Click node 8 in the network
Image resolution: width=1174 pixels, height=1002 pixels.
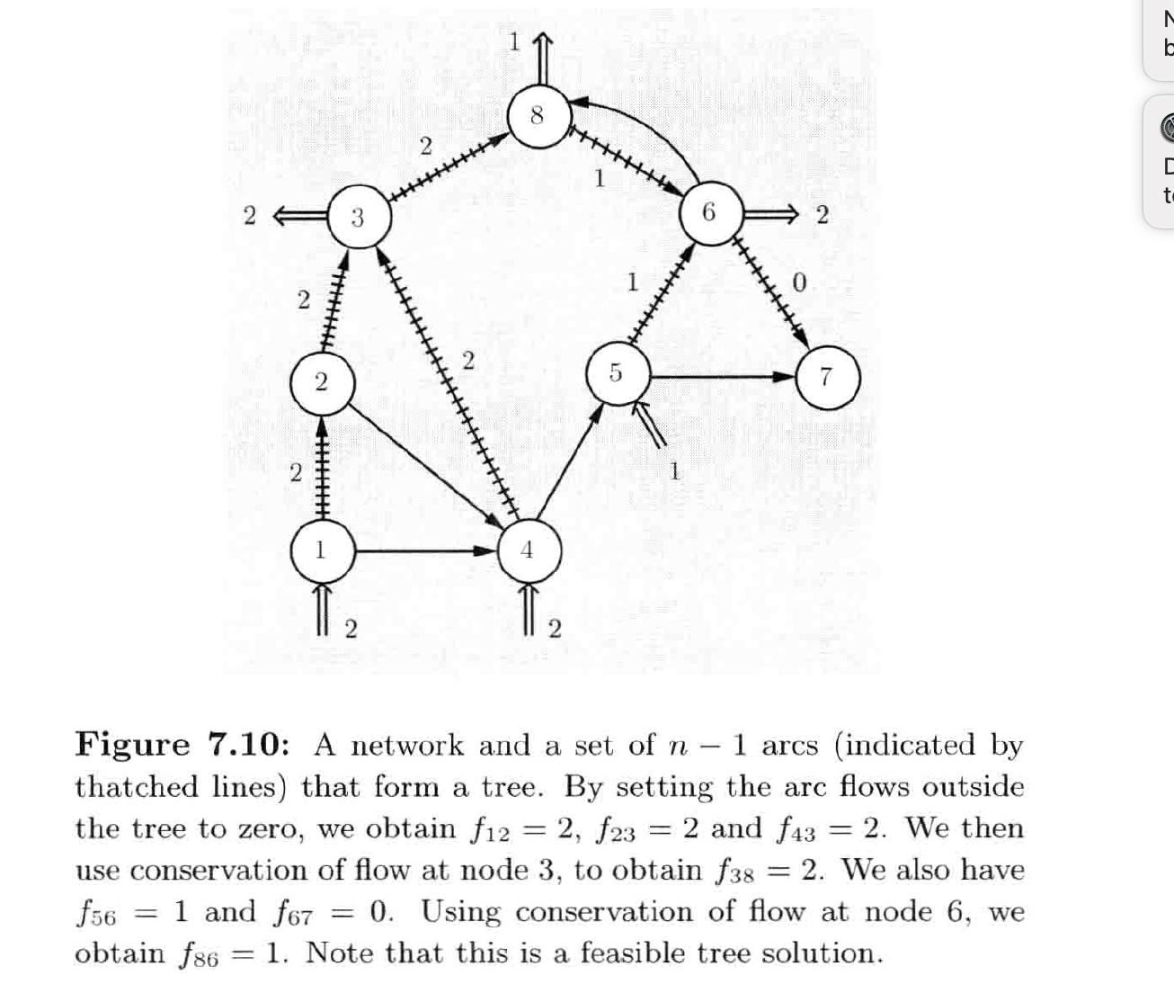pos(537,116)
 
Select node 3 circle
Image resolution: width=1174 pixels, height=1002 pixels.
pos(358,217)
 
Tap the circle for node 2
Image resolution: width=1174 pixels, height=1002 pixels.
pos(321,382)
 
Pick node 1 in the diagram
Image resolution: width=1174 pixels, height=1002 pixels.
pos(320,550)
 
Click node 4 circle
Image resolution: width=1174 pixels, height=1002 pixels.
pos(528,550)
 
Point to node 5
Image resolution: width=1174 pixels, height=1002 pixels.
pos(616,372)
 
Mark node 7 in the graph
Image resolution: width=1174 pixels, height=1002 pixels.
pos(827,378)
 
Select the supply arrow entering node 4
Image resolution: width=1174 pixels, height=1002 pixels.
pos(530,608)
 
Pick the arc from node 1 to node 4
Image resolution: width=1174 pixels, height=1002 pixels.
pos(422,550)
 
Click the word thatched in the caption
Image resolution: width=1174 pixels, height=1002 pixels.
pos(136,787)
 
